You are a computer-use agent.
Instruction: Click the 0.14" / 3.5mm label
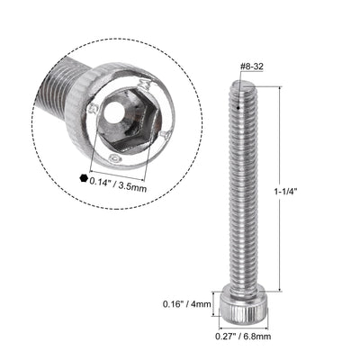125,178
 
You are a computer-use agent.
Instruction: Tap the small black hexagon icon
84,178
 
